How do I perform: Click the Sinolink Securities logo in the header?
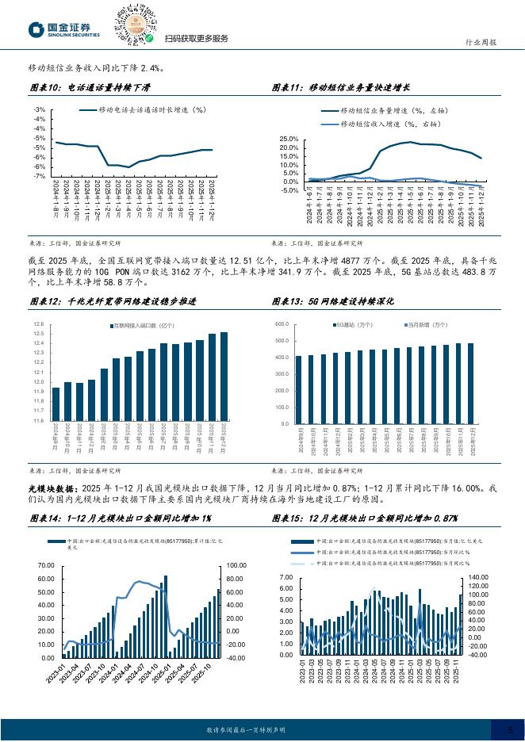click(63, 29)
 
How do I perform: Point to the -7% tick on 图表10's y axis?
click(40, 176)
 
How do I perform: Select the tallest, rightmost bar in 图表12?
click(224, 376)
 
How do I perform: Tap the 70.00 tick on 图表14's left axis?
click(44, 566)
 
